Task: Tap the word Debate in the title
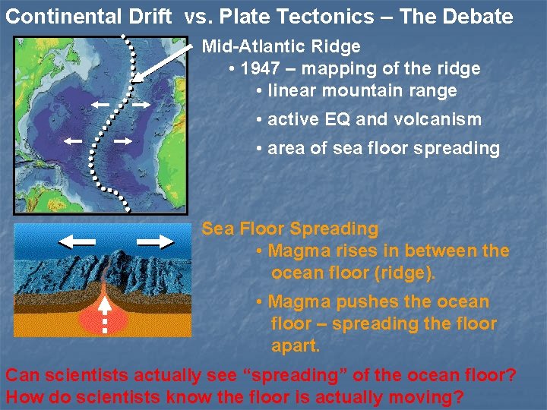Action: pos(476,16)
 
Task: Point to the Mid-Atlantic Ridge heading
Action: pos(281,47)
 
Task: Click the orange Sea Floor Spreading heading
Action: pos(289,229)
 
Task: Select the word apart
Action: pos(296,346)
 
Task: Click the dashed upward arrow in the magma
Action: pos(105,312)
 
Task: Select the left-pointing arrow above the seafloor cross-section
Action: pos(76,241)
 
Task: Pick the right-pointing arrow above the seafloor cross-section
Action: pos(157,241)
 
